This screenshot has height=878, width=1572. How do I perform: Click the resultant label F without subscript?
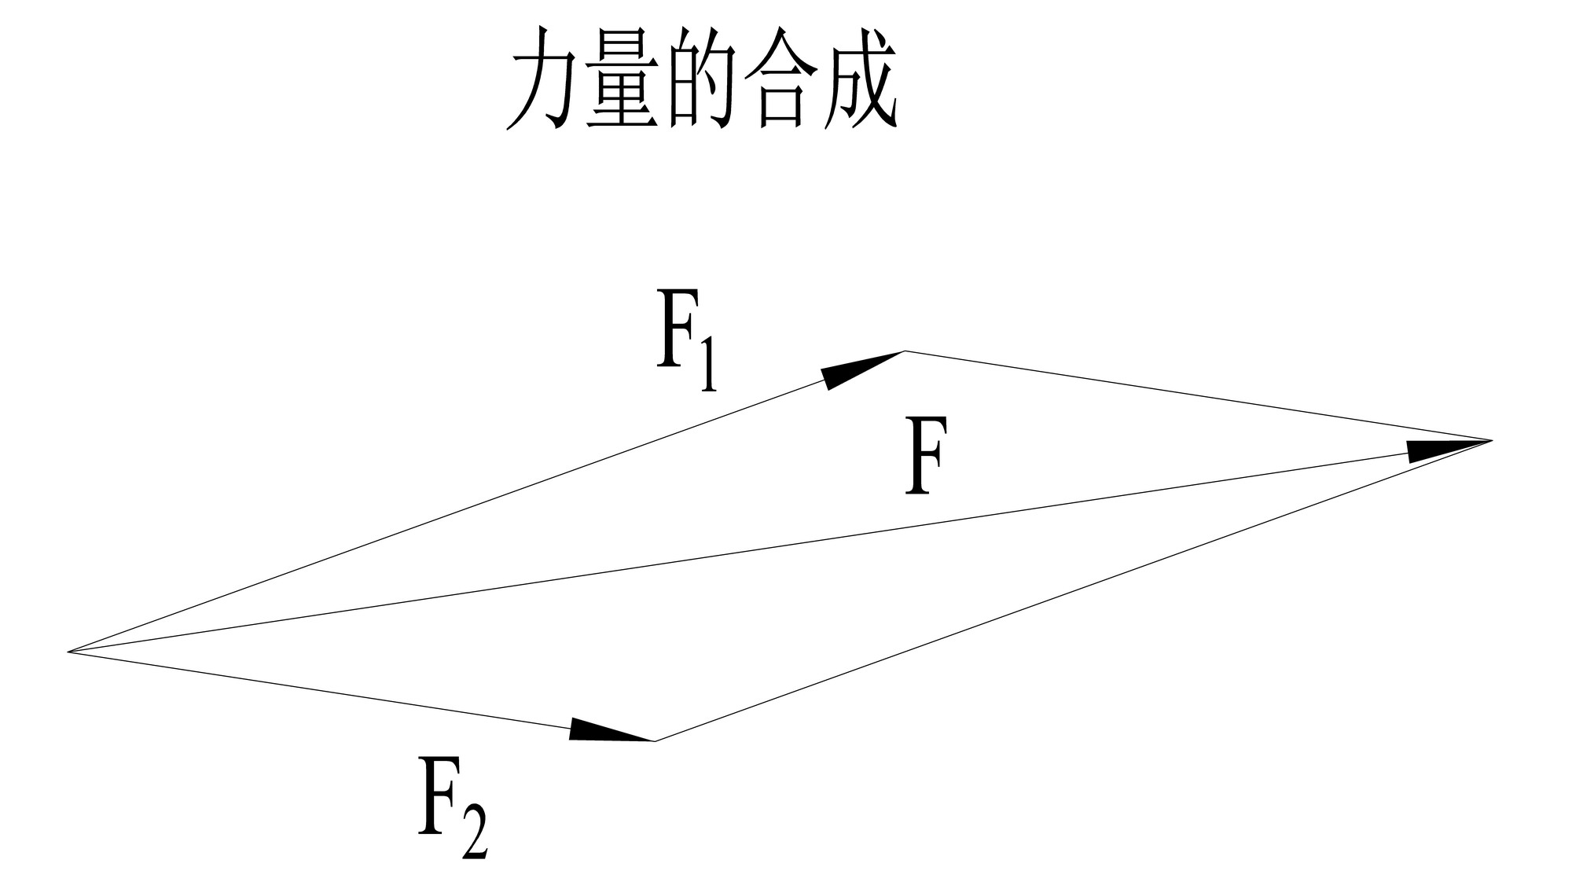[926, 455]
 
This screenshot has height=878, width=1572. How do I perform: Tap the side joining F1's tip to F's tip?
[1195, 395]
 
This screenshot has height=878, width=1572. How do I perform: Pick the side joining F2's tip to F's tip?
[1069, 592]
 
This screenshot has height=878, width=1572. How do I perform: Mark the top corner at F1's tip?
[905, 351]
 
